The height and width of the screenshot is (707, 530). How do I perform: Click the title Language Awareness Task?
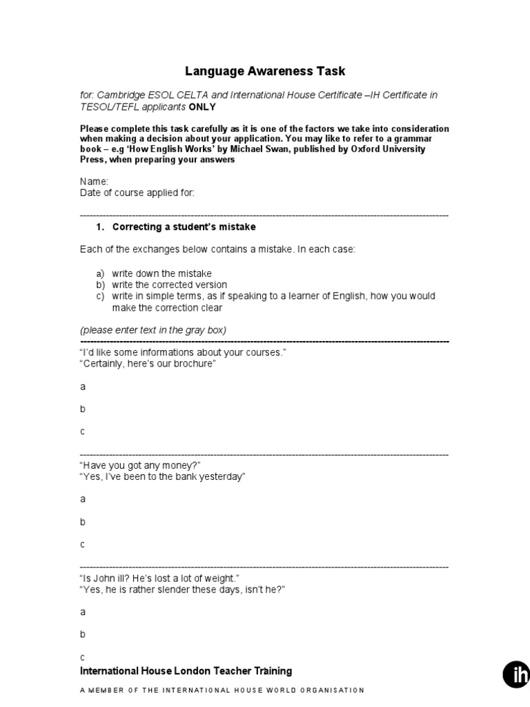pos(265,71)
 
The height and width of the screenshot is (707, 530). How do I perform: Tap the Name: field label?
pos(95,182)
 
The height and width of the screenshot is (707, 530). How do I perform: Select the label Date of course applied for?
pos(137,193)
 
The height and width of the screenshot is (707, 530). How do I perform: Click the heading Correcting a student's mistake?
pos(184,227)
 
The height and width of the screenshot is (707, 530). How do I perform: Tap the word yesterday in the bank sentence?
pos(222,477)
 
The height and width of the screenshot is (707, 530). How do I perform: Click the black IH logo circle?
pos(516,675)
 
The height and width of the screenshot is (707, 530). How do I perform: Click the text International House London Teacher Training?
pos(186,671)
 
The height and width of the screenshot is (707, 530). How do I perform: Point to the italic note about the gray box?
pos(153,330)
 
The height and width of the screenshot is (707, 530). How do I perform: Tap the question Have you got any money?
pos(141,465)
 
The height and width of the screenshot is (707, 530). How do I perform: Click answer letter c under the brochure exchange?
pos(83,432)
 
